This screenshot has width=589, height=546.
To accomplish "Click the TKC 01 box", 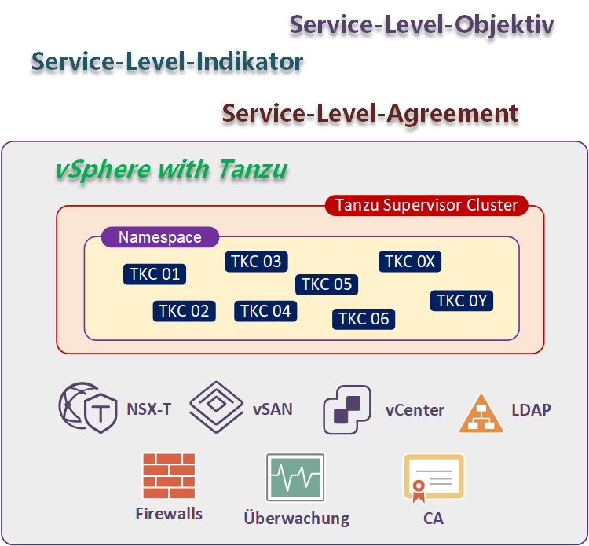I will coord(155,273).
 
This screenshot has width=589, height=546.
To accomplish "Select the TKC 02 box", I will coord(184,311).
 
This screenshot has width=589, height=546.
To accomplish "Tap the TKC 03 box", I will coord(256,262).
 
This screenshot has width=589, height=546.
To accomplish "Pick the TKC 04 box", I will coord(265,311).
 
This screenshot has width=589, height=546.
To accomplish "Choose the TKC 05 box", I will coord(327,284).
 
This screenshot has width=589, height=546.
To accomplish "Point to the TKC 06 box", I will coord(363,318).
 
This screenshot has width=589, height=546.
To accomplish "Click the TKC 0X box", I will coord(410,262).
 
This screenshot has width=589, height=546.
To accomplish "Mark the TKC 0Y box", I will coord(462,301).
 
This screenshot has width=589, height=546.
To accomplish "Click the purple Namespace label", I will coord(160,237).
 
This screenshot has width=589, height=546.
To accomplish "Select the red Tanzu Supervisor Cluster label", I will coord(426,206).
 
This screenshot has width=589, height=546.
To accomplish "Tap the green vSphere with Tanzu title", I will coord(170,169).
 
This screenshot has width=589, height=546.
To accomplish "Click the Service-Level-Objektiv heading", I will coord(422,24).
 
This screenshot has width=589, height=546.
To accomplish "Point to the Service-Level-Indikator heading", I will coord(167,62).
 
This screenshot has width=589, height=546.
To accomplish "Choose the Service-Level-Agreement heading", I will coord(370,114).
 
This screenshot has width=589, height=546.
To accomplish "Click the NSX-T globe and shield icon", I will coord(87,409).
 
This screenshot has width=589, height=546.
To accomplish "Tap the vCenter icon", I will coord(348,409).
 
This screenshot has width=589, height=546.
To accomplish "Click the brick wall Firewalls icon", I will coord(169,475).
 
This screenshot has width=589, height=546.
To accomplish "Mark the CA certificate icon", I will coord(433,478).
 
